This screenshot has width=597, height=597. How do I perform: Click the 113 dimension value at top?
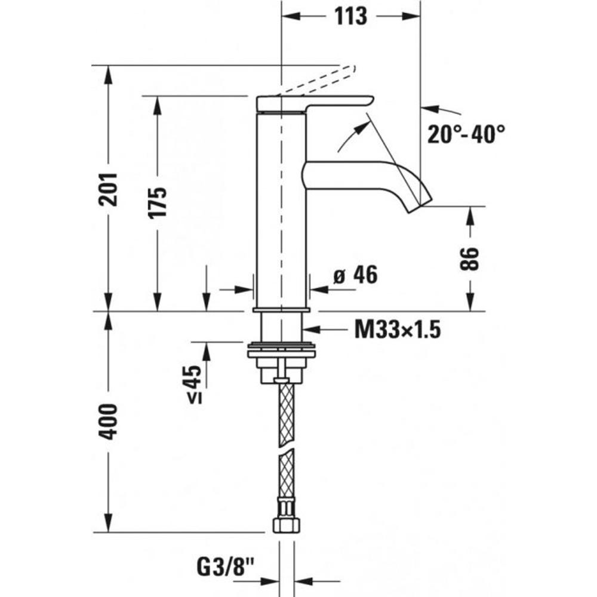pos(350,16)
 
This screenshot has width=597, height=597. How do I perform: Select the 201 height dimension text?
pos(108,189)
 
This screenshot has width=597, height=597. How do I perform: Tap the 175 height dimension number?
pos(158,202)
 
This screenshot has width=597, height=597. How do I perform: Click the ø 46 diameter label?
pos(355,275)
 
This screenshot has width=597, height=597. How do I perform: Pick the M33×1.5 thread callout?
pos(398,330)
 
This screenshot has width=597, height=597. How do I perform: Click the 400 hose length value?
pos(108,422)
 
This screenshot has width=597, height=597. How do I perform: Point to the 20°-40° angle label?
pos(466,134)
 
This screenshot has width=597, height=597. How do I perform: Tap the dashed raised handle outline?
pos(316,81)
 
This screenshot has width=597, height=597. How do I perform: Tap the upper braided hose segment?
pos(287,415)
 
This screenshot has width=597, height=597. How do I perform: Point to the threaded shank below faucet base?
pos(281,327)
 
